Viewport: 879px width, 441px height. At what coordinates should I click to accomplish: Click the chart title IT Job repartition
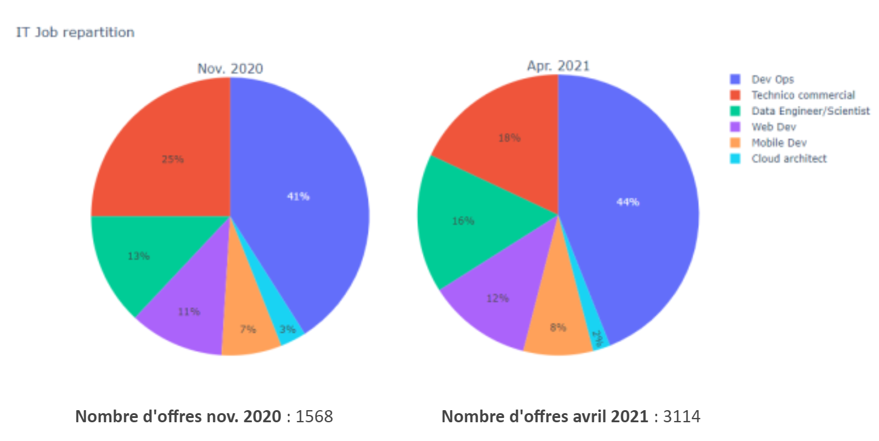(75, 33)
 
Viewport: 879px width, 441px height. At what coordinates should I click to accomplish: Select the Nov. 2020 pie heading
(230, 69)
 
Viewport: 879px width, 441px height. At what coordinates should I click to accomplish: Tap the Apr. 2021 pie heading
(558, 66)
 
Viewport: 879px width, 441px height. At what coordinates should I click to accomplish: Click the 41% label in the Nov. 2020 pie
(298, 197)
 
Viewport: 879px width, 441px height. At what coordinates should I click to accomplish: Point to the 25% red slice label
(172, 160)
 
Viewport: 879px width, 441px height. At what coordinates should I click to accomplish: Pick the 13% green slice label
(139, 256)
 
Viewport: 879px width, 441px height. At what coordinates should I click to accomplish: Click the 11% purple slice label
(189, 312)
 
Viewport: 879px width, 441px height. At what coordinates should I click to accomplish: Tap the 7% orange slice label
(247, 329)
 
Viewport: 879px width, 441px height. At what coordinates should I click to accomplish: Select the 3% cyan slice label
(287, 329)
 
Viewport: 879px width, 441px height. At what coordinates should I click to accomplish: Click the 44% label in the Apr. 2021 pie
(628, 202)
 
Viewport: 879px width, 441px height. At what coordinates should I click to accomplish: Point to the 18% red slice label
(509, 138)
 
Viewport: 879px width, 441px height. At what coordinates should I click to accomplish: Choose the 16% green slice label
(463, 221)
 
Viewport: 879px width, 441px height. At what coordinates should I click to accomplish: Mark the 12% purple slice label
(497, 298)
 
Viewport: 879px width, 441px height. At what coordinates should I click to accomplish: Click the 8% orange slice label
(558, 327)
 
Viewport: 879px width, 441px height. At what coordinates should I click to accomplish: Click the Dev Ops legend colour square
(736, 79)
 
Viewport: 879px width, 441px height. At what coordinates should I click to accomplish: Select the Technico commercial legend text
(803, 95)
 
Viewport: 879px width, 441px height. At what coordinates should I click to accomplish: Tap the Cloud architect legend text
(789, 158)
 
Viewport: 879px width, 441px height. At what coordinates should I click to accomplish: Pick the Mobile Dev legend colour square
(736, 143)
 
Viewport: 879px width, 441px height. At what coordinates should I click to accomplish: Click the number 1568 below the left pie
(313, 417)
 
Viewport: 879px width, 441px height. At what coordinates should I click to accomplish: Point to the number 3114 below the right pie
(681, 417)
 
